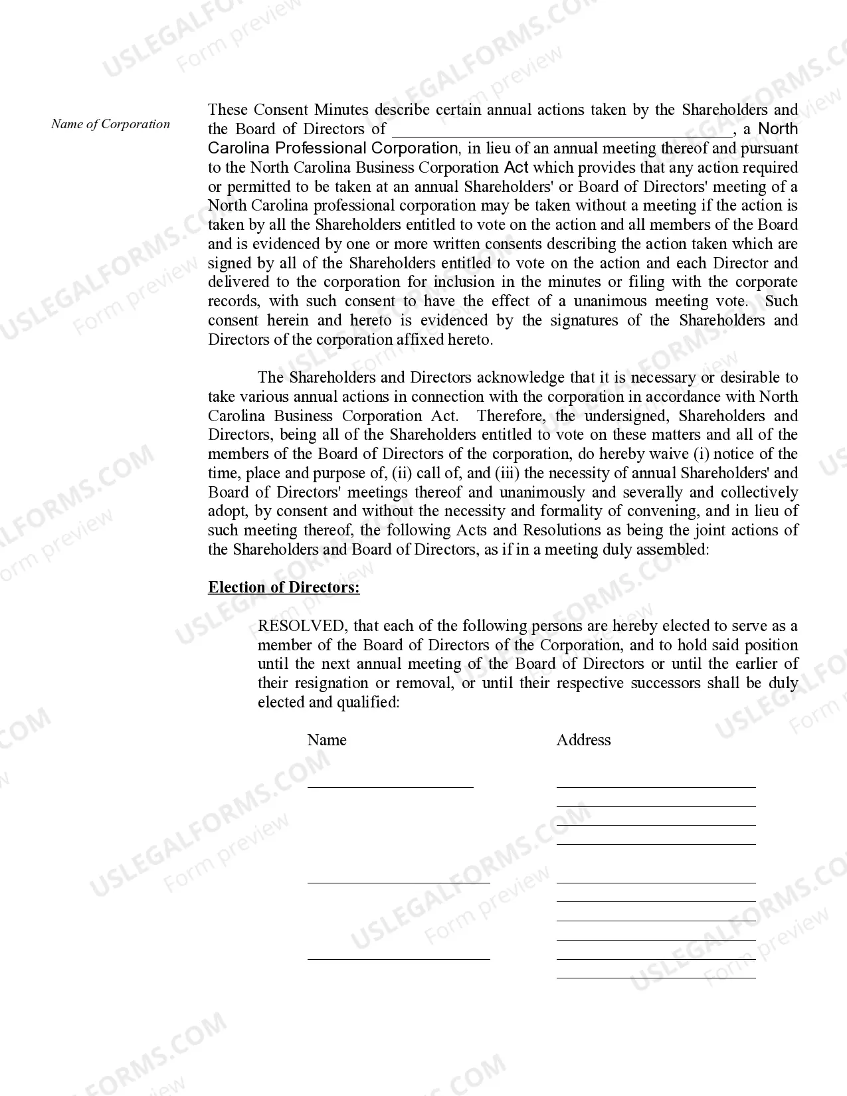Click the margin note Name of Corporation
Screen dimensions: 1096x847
[x=110, y=124]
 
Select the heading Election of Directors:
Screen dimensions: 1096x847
[x=284, y=587]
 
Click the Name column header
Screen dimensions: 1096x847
[x=327, y=740]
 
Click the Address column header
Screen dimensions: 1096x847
[x=583, y=740]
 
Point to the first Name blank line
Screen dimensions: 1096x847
[x=390, y=786]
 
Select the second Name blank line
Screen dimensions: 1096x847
[x=399, y=882]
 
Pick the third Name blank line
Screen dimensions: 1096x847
[x=399, y=959]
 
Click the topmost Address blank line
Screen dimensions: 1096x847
[x=656, y=786]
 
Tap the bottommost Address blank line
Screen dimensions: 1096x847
[x=656, y=978]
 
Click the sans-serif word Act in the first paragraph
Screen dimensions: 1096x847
[x=516, y=167]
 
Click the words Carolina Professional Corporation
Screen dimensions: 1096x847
[x=333, y=148]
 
